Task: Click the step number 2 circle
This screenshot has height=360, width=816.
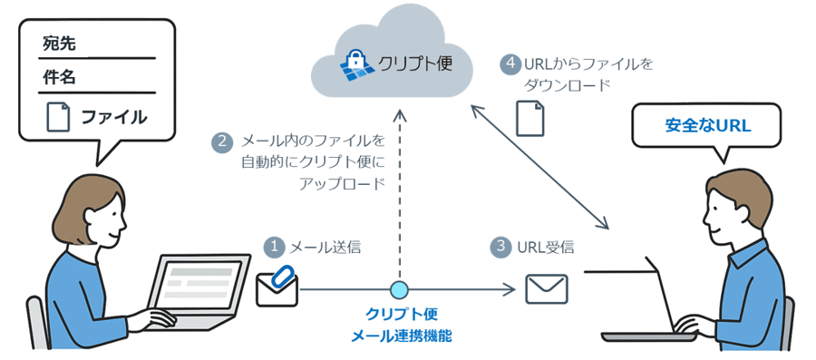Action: pos(220,141)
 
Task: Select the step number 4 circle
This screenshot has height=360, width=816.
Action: pos(510,64)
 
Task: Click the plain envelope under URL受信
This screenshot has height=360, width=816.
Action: pos(546,289)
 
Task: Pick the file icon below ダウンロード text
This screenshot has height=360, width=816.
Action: pos(529,118)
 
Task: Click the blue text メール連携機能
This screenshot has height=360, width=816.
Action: pos(401,336)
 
